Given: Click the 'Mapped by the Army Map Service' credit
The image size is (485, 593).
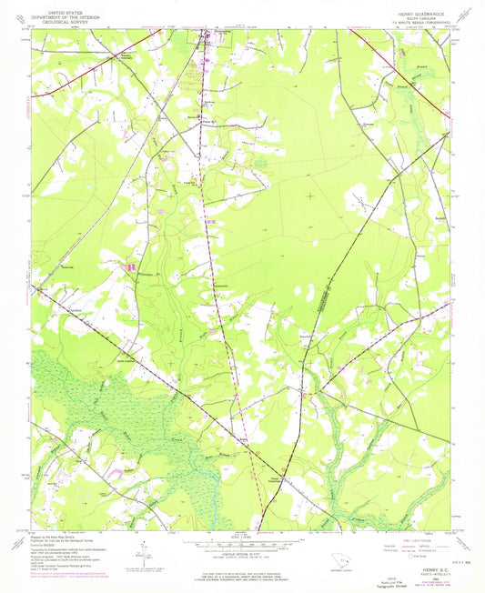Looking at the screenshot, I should [55, 538].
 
